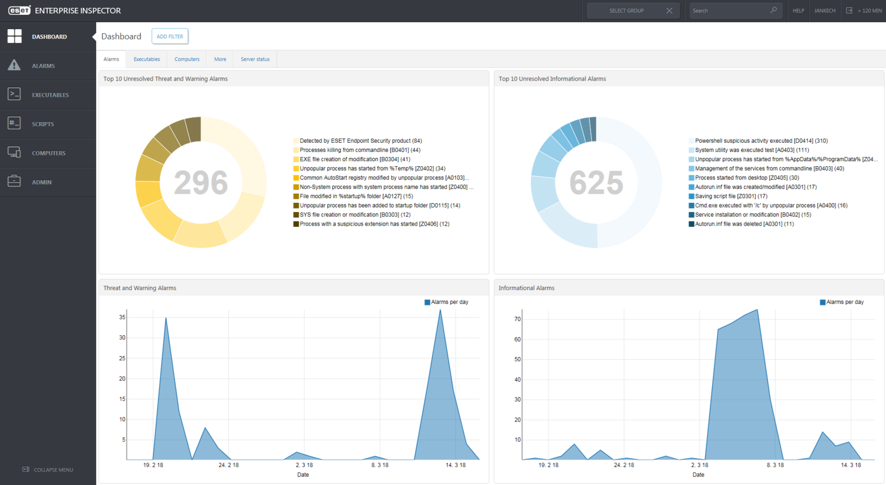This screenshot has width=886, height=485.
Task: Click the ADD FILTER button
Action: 170,37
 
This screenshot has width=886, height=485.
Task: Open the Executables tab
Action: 146,59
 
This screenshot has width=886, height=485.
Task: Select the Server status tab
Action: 255,59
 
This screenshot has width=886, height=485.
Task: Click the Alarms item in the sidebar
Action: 43,66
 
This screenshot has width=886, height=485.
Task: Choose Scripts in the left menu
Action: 43,124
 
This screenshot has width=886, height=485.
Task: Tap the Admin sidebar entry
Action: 41,182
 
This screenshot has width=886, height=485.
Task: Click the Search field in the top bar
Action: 729,11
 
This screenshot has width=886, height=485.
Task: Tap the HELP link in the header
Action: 798,11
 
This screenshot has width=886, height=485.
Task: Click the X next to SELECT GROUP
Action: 669,11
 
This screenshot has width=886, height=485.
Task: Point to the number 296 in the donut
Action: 201,183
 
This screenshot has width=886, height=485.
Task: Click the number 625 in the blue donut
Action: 596,183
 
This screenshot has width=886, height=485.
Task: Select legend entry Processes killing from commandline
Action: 359,150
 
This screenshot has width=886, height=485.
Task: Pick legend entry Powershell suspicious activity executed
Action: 761,141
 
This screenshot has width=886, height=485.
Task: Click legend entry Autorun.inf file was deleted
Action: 744,224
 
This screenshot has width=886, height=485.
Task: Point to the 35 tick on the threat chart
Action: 122,317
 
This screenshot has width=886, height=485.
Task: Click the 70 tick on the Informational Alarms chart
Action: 517,319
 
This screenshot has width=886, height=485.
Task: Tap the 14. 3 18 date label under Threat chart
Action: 455,465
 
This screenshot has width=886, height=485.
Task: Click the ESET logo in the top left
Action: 19,11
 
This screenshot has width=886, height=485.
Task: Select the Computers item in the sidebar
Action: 48,153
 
